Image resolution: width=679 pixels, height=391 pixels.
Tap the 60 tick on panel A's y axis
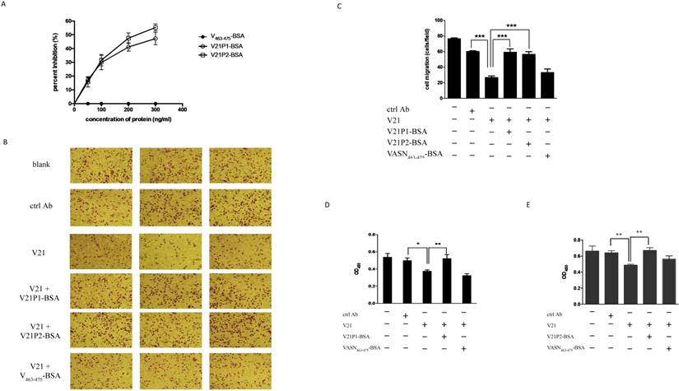pyautogui.click(x=68, y=21)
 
